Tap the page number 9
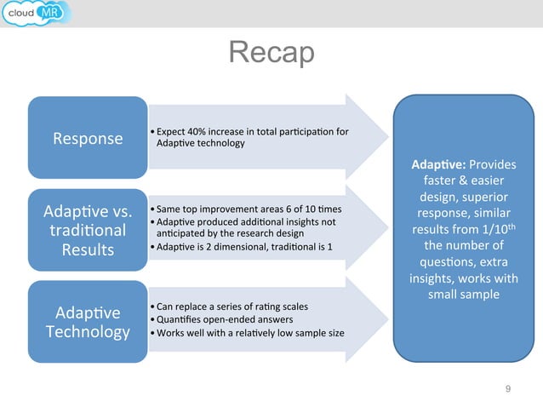pos(508,389)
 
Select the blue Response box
pos(88,138)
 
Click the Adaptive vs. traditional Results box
pos(88,230)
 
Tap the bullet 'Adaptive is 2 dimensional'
pos(243,247)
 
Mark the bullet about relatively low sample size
pos(248,333)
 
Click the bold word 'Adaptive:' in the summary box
pos(437,164)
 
